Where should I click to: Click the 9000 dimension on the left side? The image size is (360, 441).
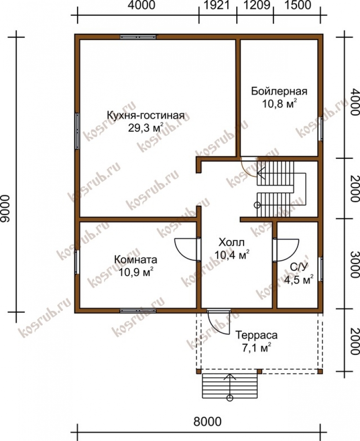click(x=6, y=209)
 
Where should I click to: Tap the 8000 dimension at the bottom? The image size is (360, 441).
click(x=208, y=421)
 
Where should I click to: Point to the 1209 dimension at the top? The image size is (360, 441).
click(x=256, y=5)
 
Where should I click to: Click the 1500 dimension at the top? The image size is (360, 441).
click(x=298, y=5)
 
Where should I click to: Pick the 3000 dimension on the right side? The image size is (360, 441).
click(x=355, y=264)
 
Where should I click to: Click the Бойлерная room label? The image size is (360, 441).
click(x=279, y=91)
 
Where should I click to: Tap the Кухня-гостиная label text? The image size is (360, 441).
click(x=145, y=115)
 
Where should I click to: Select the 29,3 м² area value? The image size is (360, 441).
click(x=145, y=128)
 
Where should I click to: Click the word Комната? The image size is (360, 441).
click(x=135, y=259)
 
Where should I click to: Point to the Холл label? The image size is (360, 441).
click(x=232, y=242)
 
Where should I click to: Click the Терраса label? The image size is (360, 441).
click(x=256, y=335)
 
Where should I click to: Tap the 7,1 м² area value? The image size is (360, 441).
click(x=256, y=348)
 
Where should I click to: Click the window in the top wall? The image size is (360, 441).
click(x=138, y=37)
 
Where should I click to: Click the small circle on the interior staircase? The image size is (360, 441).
click(x=257, y=205)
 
